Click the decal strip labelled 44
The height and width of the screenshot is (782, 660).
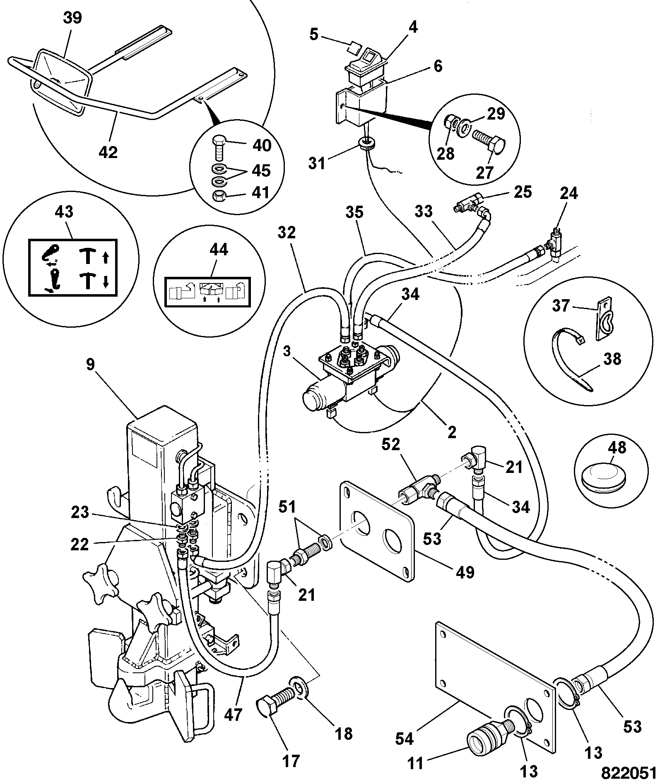point(208,292)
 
